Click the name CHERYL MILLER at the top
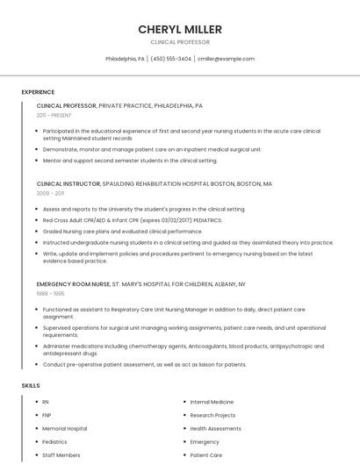pyautogui.click(x=180, y=29)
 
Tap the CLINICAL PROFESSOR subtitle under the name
pyautogui.click(x=180, y=42)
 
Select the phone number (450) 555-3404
pyautogui.click(x=170, y=59)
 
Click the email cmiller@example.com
pyautogui.click(x=226, y=59)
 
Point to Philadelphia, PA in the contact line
pyautogui.click(x=125, y=59)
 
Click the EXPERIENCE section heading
pyautogui.click(x=38, y=91)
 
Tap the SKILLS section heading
pyautogui.click(x=31, y=385)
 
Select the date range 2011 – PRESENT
pyautogui.click(x=54, y=115)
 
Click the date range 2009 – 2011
pyautogui.click(x=50, y=193)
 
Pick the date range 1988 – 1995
pyautogui.click(x=50, y=294)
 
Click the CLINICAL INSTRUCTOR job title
pyautogui.click(x=68, y=184)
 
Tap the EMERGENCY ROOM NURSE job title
pyautogui.click(x=74, y=284)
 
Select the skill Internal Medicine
pyautogui.click(x=212, y=402)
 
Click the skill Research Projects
pyautogui.click(x=212, y=415)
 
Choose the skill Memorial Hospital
pyautogui.click(x=64, y=428)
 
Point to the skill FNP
pyautogui.click(x=47, y=415)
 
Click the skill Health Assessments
pyautogui.click(x=215, y=428)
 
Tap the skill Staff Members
pyautogui.click(x=61, y=455)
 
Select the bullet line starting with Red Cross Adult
pyautogui.click(x=132, y=220)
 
